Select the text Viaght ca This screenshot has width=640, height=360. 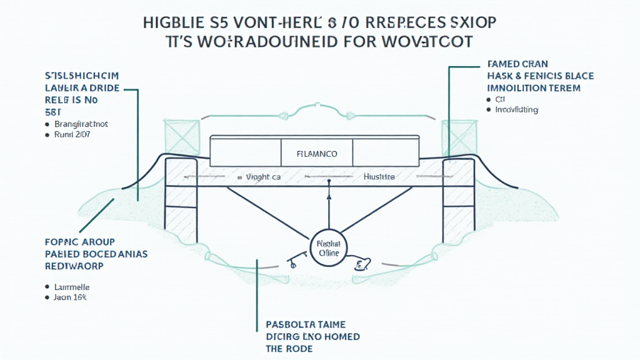coord(263,177)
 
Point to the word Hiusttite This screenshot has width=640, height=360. coord(379,177)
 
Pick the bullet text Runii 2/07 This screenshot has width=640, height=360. coord(72,134)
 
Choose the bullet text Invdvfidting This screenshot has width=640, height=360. coord(516,110)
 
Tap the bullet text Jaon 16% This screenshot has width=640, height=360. coord(70,297)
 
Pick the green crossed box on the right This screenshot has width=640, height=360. coord(459,137)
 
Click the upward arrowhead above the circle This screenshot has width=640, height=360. coord(329,197)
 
